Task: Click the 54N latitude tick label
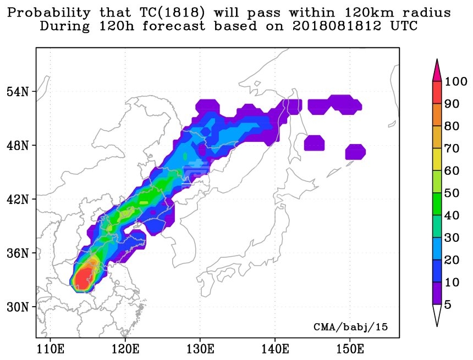(x=18, y=92)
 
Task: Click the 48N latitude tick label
(x=18, y=146)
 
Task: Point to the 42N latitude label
(x=18, y=199)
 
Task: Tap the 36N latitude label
(x=18, y=253)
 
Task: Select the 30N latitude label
(x=18, y=307)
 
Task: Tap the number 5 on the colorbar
(x=448, y=304)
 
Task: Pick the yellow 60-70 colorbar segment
(x=437, y=159)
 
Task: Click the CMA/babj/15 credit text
(x=350, y=327)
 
